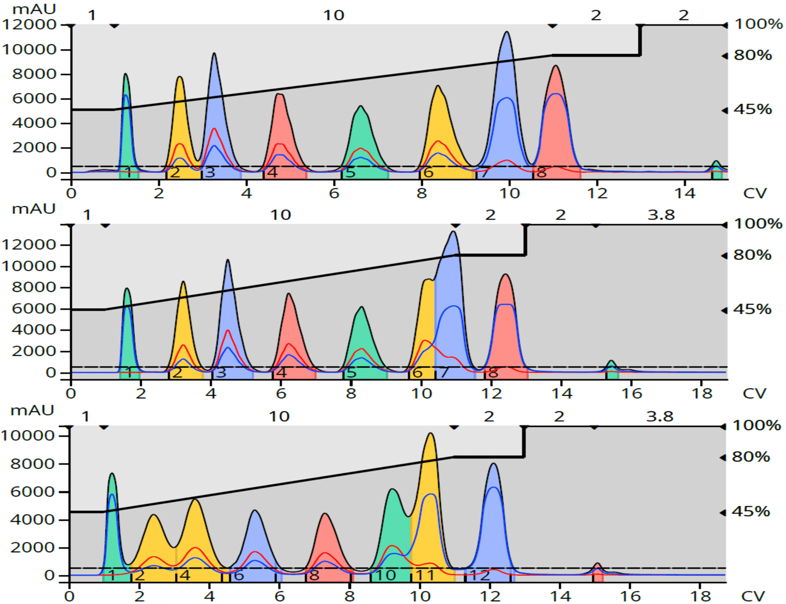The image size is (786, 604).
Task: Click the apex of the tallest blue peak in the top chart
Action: (x=507, y=33)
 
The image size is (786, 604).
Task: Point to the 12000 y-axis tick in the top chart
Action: (x=29, y=25)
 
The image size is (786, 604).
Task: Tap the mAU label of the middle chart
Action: (x=34, y=209)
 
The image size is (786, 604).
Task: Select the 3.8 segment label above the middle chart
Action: (x=661, y=215)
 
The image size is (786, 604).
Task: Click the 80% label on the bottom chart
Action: (x=751, y=457)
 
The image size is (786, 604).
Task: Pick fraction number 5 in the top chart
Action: (x=350, y=173)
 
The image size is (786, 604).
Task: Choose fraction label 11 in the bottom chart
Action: (x=425, y=575)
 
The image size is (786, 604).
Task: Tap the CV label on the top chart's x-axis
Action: (x=754, y=193)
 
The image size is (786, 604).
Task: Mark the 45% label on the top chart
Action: (x=753, y=109)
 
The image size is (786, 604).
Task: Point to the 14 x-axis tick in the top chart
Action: (x=685, y=193)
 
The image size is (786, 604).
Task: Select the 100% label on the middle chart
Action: (x=758, y=224)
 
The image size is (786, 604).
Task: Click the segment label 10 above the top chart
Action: (x=334, y=15)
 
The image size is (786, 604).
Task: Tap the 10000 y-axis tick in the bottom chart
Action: (x=28, y=436)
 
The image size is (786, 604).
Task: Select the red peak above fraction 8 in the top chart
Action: (x=555, y=109)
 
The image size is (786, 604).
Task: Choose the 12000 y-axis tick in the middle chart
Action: (x=29, y=245)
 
